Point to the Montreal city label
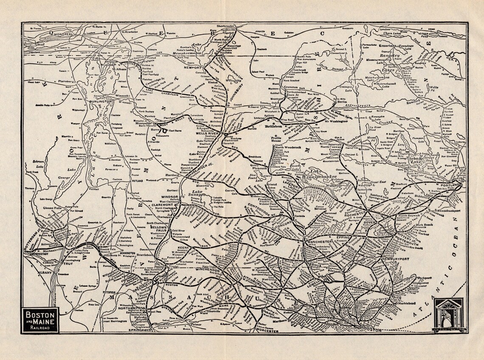tap(50, 33)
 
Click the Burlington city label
tap(100, 102)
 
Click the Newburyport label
tap(394, 259)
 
